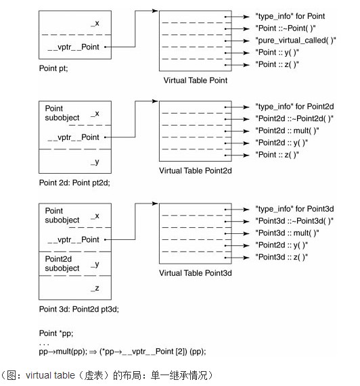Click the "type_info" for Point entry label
pos(290,16)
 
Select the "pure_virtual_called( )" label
pos(296,41)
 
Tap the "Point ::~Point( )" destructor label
pos(286,28)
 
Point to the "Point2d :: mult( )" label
pos(287,130)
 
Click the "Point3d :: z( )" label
pos(282,257)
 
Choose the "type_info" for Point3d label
pos(294,209)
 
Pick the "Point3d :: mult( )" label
pos(287,233)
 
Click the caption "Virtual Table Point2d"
pos(196,170)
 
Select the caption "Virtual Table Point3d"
pos(196,272)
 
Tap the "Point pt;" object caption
pos(53,68)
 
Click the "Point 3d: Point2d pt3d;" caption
pos(79,309)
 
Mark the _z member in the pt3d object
pos(95,288)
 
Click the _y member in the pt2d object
pos(95,162)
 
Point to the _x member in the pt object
pos(95,24)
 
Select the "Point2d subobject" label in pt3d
pos(62,264)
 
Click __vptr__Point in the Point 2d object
pos(74,137)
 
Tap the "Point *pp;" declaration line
pos(56,333)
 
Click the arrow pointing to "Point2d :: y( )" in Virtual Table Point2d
pos(237,143)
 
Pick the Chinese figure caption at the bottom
pos(107,375)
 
